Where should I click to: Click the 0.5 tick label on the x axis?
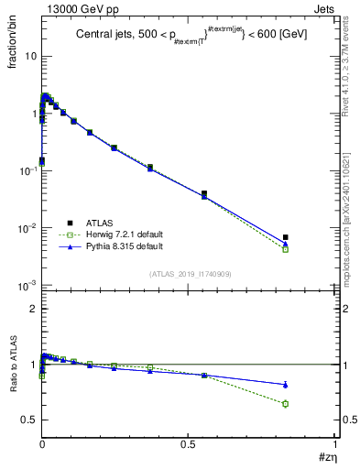[x=188, y=445]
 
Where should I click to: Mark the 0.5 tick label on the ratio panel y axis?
[x=28, y=420]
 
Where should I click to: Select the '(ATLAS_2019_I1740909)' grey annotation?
[x=189, y=274]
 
